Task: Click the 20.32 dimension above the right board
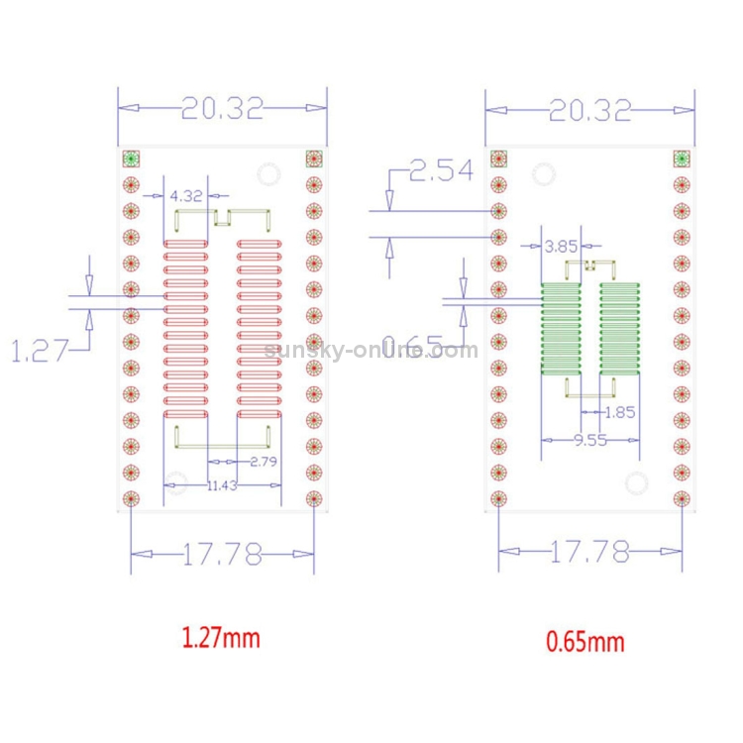coord(589,110)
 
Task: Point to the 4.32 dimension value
coord(185,196)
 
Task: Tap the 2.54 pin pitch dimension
coord(441,172)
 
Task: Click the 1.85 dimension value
coord(619,412)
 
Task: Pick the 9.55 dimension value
coord(590,441)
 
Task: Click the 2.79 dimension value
coord(264,462)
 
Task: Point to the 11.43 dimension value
coord(223,485)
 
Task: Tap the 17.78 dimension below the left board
coord(222,555)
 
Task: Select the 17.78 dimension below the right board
coord(589,552)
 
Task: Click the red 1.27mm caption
coord(220,637)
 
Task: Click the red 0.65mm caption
coord(585,641)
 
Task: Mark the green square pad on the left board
coord(130,159)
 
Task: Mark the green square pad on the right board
coord(681,159)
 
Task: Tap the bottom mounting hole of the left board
coord(176,486)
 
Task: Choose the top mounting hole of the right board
coord(543,175)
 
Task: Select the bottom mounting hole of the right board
coord(635,483)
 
